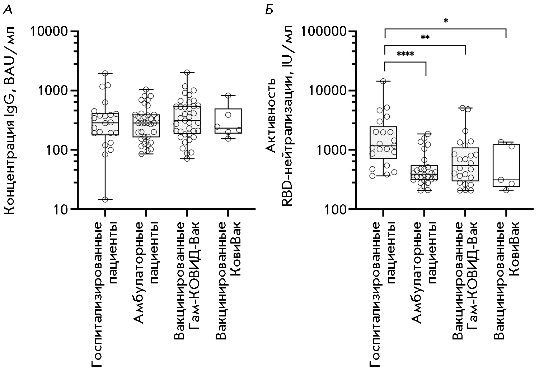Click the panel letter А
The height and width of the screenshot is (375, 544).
click(8, 10)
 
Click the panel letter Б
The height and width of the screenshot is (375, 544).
click(269, 10)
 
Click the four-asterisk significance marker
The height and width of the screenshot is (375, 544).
click(405, 55)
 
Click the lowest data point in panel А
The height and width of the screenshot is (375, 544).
click(105, 199)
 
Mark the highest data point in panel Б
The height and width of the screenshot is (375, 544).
click(383, 81)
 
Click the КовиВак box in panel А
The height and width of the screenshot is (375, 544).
click(228, 121)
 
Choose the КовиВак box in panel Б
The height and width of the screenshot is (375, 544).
click(506, 165)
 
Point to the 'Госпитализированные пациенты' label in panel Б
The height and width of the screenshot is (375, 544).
click(383, 295)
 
